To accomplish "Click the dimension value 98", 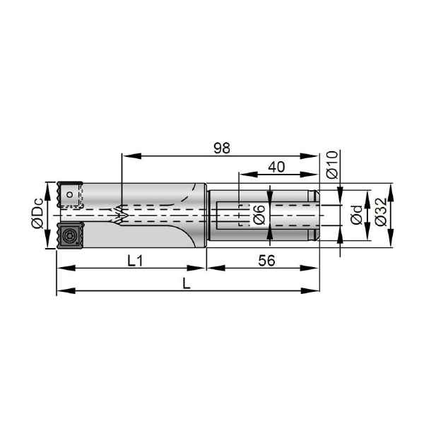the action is pyautogui.click(x=222, y=148).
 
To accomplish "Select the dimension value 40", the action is pyautogui.click(x=276, y=167).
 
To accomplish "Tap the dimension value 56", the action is pyautogui.click(x=266, y=261).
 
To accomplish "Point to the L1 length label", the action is pyautogui.click(x=135, y=261).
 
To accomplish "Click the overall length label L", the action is pyautogui.click(x=187, y=283).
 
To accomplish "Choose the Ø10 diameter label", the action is pyautogui.click(x=332, y=165).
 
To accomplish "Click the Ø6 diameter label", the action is pyautogui.click(x=259, y=215).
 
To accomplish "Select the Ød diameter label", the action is pyautogui.click(x=356, y=215).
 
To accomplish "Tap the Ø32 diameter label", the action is pyautogui.click(x=382, y=212).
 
